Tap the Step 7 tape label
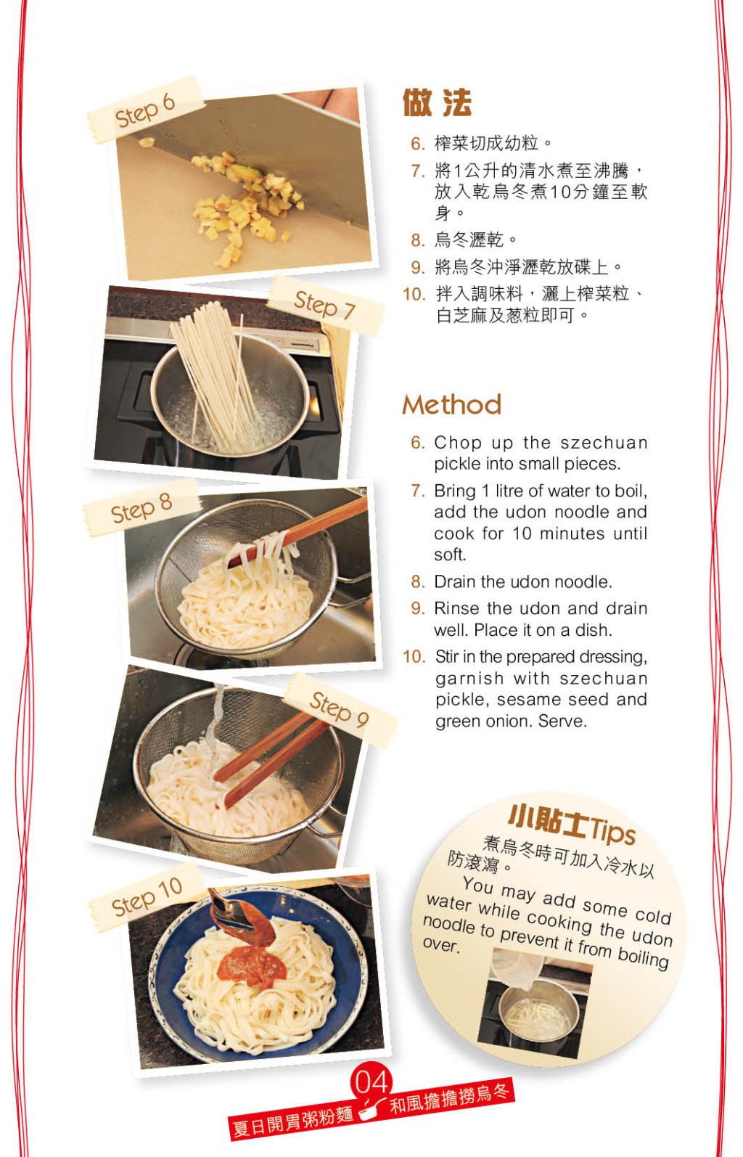(x=325, y=306)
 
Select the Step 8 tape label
(x=141, y=508)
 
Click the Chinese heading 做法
(x=437, y=103)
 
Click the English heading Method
(x=452, y=404)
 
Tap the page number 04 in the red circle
(x=371, y=1082)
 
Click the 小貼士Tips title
(x=572, y=825)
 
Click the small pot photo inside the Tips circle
(x=535, y=1003)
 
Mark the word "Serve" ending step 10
(x=562, y=721)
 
